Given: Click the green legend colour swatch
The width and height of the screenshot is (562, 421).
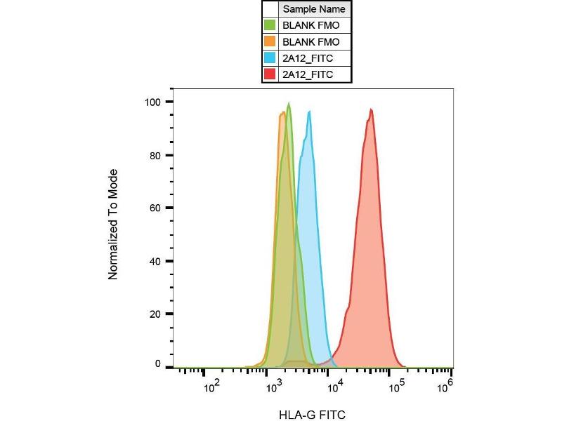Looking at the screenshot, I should click(270, 25).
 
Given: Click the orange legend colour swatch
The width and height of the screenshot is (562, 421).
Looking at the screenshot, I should click(270, 41).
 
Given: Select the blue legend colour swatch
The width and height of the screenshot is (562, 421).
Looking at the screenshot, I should click(270, 58).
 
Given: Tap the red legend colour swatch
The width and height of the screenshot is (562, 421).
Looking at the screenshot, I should click(270, 74).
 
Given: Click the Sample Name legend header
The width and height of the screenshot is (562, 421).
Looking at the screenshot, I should click(314, 9).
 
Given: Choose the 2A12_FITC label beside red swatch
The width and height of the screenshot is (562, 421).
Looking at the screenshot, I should click(307, 74).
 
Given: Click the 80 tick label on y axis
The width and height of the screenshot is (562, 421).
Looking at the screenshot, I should click(157, 155).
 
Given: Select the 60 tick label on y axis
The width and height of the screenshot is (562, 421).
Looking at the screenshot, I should click(157, 208).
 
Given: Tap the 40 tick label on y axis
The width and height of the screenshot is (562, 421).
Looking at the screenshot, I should click(157, 261).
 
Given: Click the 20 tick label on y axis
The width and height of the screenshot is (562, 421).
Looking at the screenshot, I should click(157, 314).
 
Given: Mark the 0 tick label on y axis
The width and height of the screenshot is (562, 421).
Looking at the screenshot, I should click(159, 365).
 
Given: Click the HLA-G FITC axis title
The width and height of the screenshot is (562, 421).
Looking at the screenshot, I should click(313, 414).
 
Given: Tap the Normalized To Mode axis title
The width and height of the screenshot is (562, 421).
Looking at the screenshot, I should click(112, 225).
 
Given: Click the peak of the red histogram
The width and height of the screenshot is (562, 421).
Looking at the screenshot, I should click(371, 109).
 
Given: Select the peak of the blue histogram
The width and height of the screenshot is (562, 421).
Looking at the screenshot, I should click(309, 112).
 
